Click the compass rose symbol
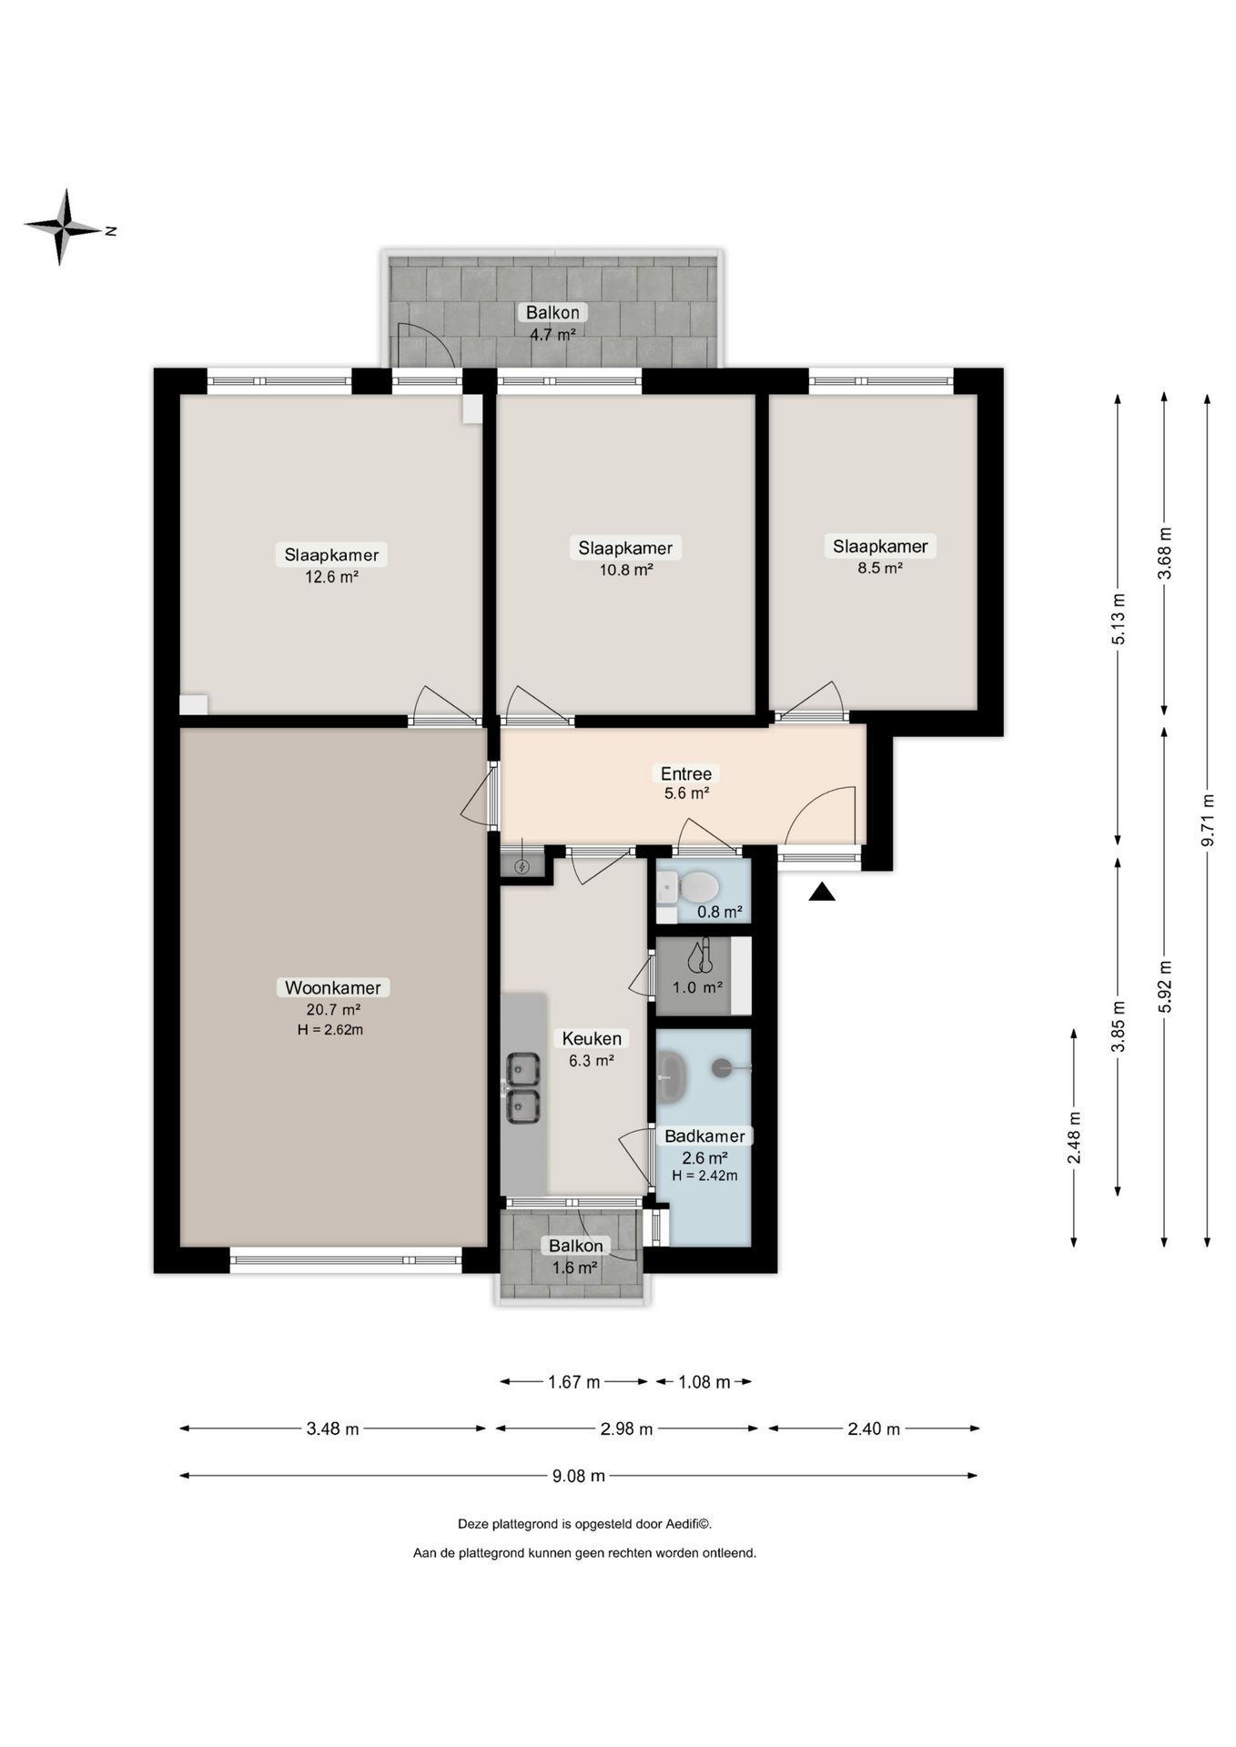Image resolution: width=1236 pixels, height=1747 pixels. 62,227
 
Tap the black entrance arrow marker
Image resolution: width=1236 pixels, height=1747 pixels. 822,892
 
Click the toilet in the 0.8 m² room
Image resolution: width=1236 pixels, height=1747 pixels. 699,885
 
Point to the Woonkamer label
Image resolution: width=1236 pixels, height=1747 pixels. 332,987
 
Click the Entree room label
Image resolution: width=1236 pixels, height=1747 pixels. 686,773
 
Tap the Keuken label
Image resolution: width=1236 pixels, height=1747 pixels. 592,1038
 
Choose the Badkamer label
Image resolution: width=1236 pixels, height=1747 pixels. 704,1136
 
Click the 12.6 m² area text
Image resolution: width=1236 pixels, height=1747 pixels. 331,576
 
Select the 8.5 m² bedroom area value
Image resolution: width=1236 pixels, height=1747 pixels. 879,568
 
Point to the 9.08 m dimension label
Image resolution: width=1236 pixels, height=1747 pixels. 579,1476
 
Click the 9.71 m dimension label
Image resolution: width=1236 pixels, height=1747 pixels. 1208,821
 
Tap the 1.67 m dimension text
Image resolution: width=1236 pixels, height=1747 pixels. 573,1382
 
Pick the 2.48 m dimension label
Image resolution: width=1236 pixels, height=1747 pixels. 1075,1137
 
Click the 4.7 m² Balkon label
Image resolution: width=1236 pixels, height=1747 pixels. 552,323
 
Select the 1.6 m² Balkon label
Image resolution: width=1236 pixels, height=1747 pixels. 575,1257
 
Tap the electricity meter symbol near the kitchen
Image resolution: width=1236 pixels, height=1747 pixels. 522,866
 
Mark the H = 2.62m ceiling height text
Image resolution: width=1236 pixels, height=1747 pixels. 330,1030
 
